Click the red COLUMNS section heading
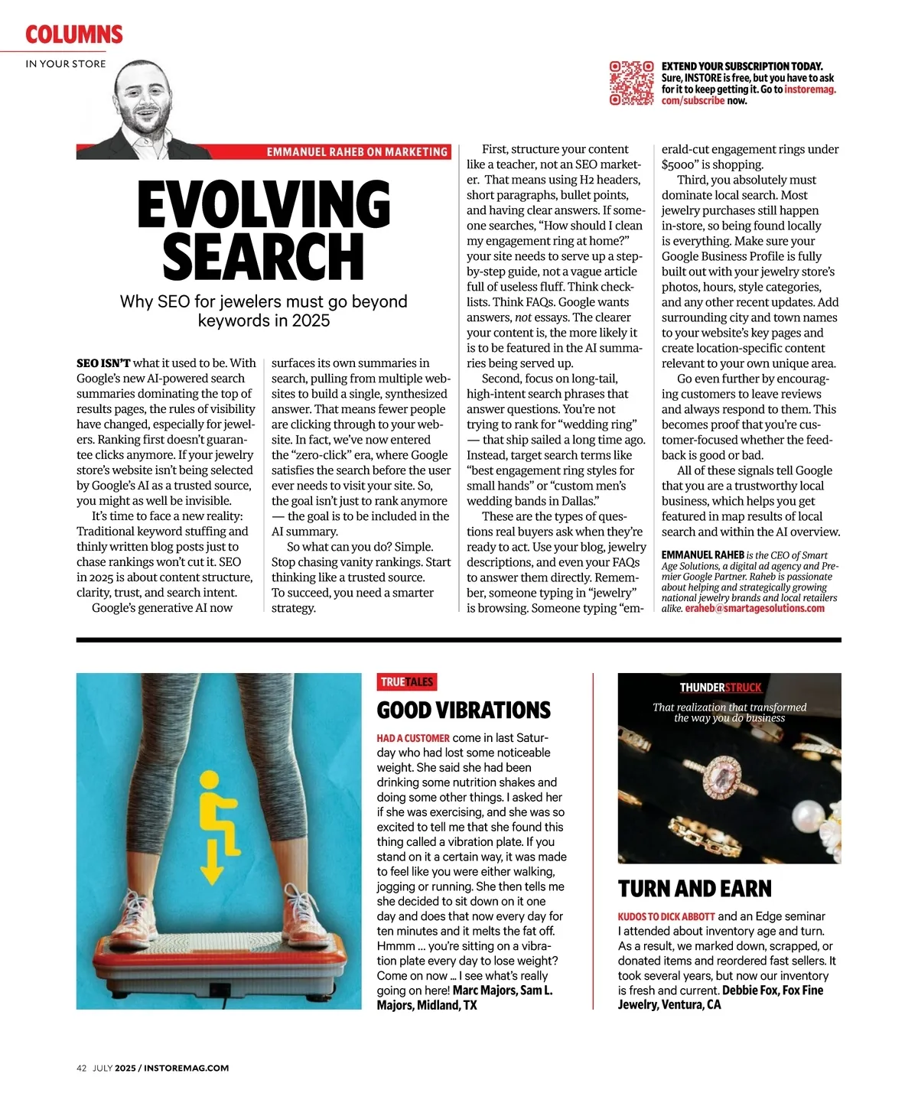coord(73,34)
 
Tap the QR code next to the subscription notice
coord(631,83)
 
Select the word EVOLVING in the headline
coord(264,205)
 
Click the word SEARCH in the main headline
coord(264,256)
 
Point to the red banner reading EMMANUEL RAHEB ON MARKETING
coord(356,152)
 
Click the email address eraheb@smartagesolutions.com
coord(754,609)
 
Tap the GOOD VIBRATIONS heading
coord(464,711)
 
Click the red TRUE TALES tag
coord(406,681)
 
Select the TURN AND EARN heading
coord(695,889)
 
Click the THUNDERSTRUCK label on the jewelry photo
coord(721,688)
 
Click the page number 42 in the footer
coord(81,1068)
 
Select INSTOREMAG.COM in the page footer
coord(186,1068)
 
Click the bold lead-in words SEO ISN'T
coord(103,363)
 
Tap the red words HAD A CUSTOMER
coord(413,738)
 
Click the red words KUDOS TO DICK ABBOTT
coord(666,916)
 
